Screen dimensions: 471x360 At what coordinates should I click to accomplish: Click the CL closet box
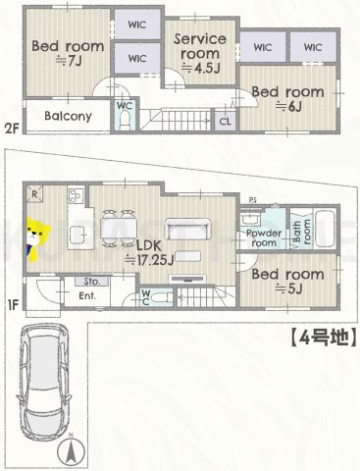pyautogui.click(x=225, y=122)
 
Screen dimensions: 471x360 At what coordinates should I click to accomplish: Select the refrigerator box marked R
pyautogui.click(x=35, y=195)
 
